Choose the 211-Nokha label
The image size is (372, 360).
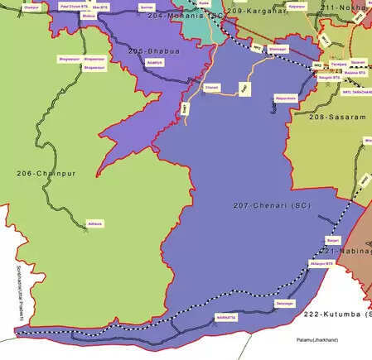tap(349, 7)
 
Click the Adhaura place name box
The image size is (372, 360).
tap(95, 223)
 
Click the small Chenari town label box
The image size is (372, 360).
tap(212, 86)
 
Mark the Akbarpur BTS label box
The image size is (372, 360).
tap(321, 265)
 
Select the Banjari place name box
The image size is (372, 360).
tap(322, 240)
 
